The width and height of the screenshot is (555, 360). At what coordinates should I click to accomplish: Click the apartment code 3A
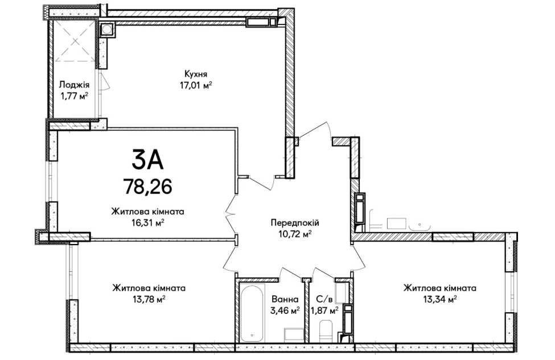[147, 159]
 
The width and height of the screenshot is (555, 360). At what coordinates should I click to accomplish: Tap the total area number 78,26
[147, 186]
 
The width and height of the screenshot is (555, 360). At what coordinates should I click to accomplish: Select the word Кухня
[196, 75]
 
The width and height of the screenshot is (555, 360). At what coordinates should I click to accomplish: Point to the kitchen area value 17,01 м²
[196, 85]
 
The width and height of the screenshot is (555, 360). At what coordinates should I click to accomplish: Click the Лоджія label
[75, 85]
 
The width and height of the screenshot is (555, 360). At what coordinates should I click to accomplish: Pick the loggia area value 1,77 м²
[75, 96]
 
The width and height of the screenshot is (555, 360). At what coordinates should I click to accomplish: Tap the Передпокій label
[295, 223]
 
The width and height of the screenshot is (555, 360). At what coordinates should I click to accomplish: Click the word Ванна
[285, 300]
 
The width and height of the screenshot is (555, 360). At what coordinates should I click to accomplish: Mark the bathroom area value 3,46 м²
[285, 311]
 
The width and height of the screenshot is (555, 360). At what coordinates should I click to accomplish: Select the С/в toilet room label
[324, 300]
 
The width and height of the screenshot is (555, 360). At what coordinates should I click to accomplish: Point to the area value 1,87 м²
[324, 311]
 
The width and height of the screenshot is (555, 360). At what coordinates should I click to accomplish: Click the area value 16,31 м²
[147, 223]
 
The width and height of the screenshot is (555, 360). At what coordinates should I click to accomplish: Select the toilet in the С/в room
[326, 330]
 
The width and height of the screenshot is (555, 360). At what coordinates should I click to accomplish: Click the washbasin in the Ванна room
[294, 334]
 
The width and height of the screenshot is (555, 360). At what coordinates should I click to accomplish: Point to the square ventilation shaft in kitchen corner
[106, 30]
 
